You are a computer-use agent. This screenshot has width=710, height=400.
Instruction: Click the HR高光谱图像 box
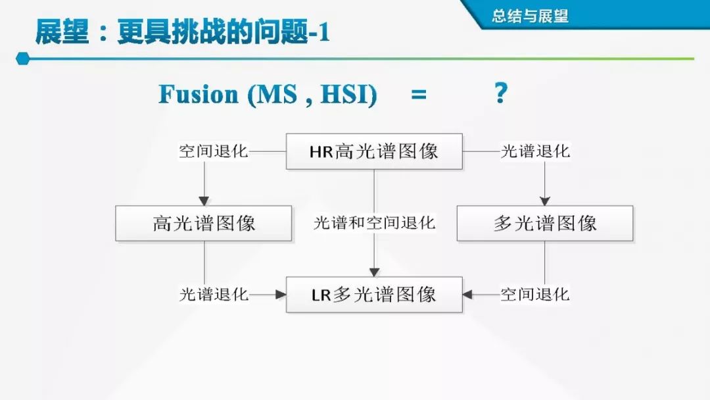pyautogui.click(x=374, y=151)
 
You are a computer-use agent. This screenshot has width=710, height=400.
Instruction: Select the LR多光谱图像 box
pyautogui.click(x=374, y=294)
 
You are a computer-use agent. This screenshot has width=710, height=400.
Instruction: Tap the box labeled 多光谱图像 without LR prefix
pyautogui.click(x=545, y=223)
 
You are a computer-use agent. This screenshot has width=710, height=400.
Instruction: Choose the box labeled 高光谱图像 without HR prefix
pyautogui.click(x=204, y=223)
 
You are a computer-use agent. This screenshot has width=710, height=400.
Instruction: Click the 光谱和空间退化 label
pyautogui.click(x=374, y=223)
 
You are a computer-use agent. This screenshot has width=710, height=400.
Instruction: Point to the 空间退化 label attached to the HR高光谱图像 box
pyautogui.click(x=214, y=151)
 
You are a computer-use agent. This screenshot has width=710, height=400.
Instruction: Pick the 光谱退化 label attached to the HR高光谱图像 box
pyautogui.click(x=535, y=151)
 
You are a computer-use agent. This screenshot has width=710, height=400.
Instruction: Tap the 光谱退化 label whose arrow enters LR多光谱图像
pyautogui.click(x=214, y=294)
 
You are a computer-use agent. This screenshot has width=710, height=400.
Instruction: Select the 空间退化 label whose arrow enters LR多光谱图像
pyautogui.click(x=535, y=294)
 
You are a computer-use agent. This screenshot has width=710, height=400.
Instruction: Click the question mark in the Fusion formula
pyautogui.click(x=500, y=93)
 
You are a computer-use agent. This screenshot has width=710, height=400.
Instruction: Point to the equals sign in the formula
pyautogui.click(x=418, y=95)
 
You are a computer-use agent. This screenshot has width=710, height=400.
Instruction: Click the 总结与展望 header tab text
pyautogui.click(x=531, y=16)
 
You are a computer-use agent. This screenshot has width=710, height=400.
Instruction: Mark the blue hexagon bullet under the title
pyautogui.click(x=22, y=59)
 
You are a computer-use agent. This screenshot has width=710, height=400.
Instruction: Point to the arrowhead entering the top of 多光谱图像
pyautogui.click(x=545, y=201)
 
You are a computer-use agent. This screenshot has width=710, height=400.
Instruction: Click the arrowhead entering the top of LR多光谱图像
pyautogui.click(x=374, y=272)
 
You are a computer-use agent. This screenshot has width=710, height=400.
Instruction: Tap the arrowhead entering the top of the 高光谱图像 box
pyautogui.click(x=204, y=201)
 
